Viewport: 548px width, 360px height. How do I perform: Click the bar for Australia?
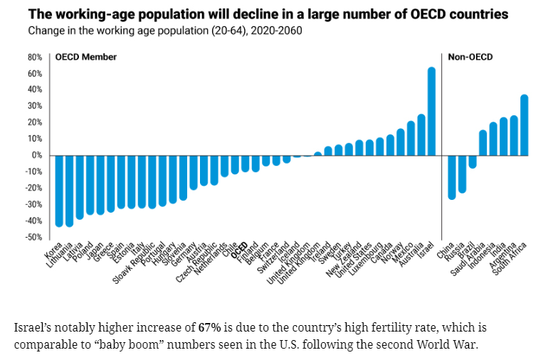point(421,134)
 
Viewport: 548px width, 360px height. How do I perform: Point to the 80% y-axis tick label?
point(34,57)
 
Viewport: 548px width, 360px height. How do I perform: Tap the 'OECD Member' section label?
point(86,58)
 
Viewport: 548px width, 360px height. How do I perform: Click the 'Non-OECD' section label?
point(470,58)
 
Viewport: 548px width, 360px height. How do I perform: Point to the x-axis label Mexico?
point(404,253)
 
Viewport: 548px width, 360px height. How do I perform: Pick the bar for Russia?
point(462,174)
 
